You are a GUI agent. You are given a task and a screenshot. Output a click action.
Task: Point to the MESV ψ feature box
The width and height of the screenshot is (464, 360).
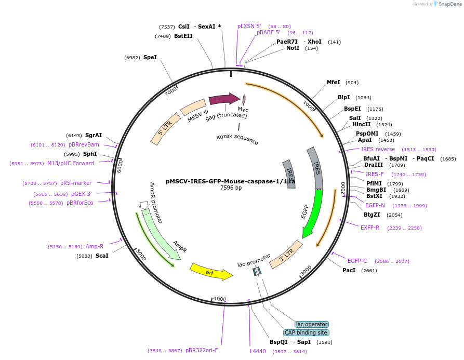pyautogui.click(x=193, y=108)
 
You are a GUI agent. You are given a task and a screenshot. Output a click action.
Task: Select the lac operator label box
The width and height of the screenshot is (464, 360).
pyautogui.click(x=312, y=324)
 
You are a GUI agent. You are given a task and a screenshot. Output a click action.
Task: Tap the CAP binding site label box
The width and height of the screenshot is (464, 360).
pyautogui.click(x=306, y=332)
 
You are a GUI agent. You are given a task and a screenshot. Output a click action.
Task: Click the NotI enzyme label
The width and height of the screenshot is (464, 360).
pyautogui.click(x=293, y=48)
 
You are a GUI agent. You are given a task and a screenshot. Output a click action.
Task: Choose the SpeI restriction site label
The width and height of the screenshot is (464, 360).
pyautogui.click(x=150, y=58)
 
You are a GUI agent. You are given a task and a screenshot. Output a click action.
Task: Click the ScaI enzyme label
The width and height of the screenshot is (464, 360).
pyautogui.click(x=102, y=256)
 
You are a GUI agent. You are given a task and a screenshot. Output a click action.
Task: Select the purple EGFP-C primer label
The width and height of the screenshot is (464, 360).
pyautogui.click(x=357, y=261)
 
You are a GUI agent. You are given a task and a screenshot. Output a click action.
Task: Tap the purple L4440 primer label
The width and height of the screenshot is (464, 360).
pyautogui.click(x=258, y=352)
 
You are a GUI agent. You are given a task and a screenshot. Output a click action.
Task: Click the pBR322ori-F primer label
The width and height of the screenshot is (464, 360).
pyautogui.click(x=202, y=351)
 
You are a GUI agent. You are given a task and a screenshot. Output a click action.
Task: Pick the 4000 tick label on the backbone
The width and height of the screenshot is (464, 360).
pyautogui.click(x=220, y=299)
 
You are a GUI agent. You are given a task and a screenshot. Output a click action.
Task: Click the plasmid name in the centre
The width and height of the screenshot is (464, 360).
pyautogui.click(x=231, y=182)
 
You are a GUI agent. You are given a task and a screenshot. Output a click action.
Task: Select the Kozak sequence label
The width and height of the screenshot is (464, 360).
pyautogui.click(x=237, y=139)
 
